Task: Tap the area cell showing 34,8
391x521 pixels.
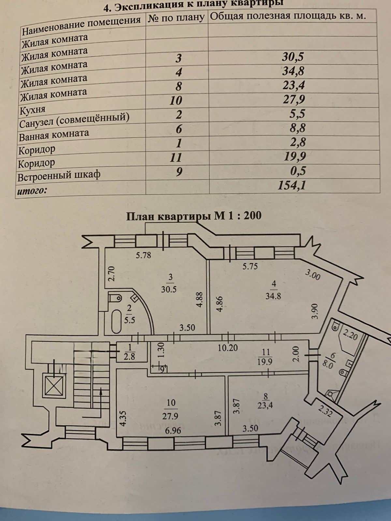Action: click(293, 71)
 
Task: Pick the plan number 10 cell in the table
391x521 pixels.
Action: click(176, 100)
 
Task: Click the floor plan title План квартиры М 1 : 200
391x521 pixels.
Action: click(194, 216)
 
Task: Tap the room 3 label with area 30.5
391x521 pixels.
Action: click(169, 283)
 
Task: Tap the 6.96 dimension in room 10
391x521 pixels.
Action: click(173, 430)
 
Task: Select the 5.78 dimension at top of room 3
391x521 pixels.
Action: click(143, 255)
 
